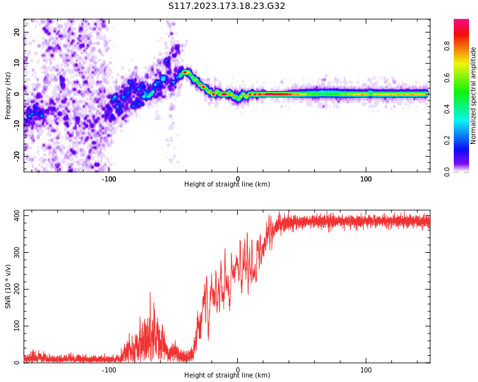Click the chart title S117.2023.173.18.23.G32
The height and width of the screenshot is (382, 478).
(227, 6)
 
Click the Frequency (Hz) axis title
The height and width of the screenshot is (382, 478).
(8, 95)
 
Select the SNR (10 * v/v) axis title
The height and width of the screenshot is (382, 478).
(8, 286)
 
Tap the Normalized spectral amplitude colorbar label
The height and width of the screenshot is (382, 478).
(474, 95)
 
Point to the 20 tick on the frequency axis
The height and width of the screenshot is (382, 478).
(17, 32)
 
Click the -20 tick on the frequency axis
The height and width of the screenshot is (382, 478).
(16, 155)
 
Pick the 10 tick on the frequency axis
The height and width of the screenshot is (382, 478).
(17, 62)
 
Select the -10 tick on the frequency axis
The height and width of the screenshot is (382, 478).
(16, 125)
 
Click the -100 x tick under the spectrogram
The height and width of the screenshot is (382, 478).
(109, 179)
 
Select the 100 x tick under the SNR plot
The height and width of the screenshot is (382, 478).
(366, 370)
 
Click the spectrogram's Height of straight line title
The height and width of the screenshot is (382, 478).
(227, 185)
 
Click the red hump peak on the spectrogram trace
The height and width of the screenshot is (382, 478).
(185, 72)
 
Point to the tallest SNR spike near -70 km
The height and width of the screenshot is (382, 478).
(150, 293)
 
